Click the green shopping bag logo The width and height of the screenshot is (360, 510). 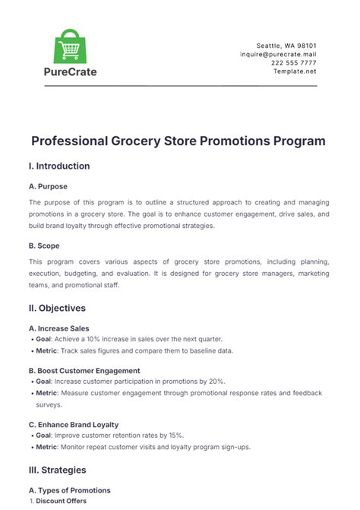69,47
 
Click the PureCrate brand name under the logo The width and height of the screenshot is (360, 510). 69,72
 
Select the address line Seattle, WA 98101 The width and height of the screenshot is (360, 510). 289,46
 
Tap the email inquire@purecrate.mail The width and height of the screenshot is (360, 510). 278,55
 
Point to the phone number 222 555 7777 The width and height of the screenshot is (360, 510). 295,63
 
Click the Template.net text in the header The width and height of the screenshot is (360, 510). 296,71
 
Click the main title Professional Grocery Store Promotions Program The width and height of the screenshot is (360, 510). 179,141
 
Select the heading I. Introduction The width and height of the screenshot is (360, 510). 59,166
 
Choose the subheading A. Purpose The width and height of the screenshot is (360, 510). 48,185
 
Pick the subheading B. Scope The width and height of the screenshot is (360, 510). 44,246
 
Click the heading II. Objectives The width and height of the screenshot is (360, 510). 57,308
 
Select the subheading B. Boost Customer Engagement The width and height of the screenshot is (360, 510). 85,371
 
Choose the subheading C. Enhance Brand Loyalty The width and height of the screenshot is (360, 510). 74,424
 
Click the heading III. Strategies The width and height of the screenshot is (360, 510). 57,470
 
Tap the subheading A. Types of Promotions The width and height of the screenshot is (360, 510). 69,490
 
